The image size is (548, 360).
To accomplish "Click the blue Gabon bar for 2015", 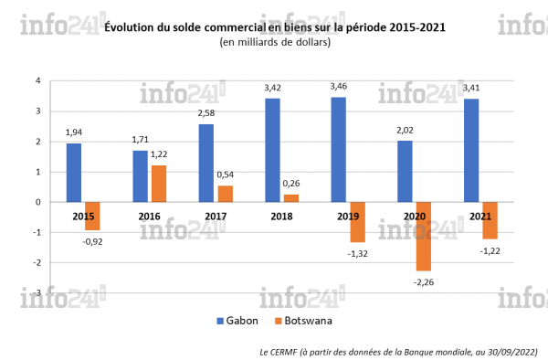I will tap(74, 173).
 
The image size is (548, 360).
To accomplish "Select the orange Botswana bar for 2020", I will tap(424, 236).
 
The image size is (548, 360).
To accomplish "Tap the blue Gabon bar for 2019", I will tap(339, 150).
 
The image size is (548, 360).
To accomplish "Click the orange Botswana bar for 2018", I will tap(290, 198).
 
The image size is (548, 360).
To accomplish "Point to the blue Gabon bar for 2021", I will tap(471, 151).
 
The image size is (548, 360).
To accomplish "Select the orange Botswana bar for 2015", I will tap(92, 216).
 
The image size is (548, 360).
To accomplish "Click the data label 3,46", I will tap(339, 87).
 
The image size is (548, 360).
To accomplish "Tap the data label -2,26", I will tap(425, 283).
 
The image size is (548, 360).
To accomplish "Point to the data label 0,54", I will tap(226, 175).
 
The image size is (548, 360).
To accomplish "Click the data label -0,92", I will tap(93, 242).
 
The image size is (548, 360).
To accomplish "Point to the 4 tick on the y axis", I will tap(37, 81).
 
